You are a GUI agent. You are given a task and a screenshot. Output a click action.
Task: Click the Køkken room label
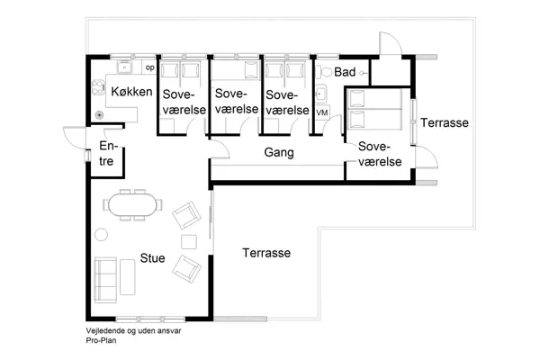click(130, 92)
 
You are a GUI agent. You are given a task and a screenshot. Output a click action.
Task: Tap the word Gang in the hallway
click(279, 153)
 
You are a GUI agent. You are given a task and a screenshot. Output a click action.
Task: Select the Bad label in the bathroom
click(345, 71)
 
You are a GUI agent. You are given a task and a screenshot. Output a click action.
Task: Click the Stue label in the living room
click(152, 257)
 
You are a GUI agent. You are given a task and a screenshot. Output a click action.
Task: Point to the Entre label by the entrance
click(107, 154)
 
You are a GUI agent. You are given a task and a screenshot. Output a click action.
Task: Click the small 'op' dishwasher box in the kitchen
click(149, 67)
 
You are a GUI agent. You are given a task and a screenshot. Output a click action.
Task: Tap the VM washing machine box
click(322, 112)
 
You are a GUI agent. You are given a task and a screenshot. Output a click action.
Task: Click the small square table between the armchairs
click(189, 241)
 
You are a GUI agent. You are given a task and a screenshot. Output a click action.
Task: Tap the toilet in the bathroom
click(321, 70)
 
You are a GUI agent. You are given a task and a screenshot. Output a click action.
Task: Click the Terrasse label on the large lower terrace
click(266, 254)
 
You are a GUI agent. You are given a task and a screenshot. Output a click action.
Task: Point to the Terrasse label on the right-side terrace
click(445, 122)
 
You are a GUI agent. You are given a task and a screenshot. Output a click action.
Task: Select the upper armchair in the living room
click(187, 214)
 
